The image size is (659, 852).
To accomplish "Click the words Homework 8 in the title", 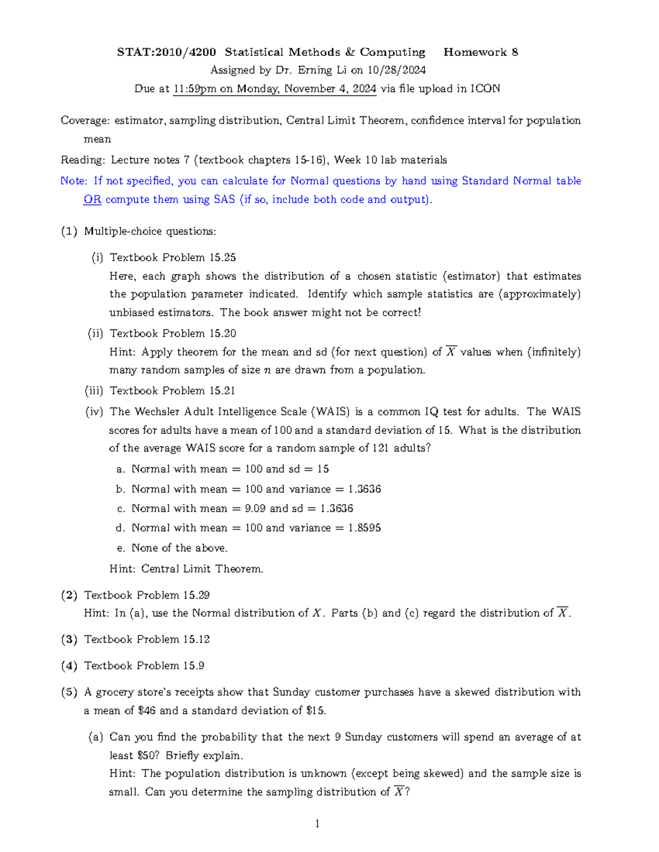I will click(481, 52).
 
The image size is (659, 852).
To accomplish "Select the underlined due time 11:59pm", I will click(194, 89).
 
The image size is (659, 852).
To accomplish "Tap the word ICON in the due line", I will click(485, 89).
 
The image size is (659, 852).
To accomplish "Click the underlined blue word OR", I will click(92, 200).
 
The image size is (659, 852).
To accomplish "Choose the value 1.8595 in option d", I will click(364, 528).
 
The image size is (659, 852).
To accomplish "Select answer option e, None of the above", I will click(179, 548).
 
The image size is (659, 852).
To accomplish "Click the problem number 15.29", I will click(196, 595).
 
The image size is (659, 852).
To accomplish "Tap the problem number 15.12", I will click(196, 639).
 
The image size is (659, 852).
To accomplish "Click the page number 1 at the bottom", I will click(317, 823).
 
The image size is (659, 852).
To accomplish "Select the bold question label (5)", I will click(69, 692).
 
